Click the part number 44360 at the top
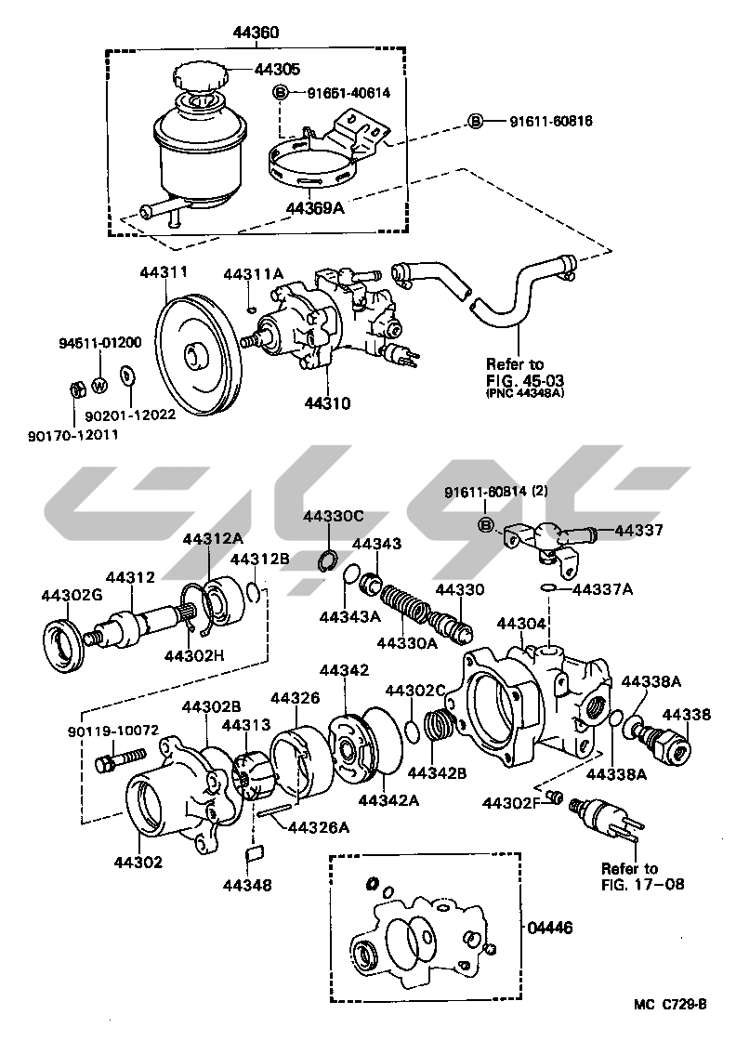[256, 33]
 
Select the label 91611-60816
[550, 121]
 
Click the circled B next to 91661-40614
[280, 92]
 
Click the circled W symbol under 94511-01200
[99, 382]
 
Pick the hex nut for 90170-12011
[79, 388]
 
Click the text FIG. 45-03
[525, 379]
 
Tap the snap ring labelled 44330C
[327, 560]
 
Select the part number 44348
[247, 886]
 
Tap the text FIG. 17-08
[642, 884]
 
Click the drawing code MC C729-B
[671, 1004]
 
